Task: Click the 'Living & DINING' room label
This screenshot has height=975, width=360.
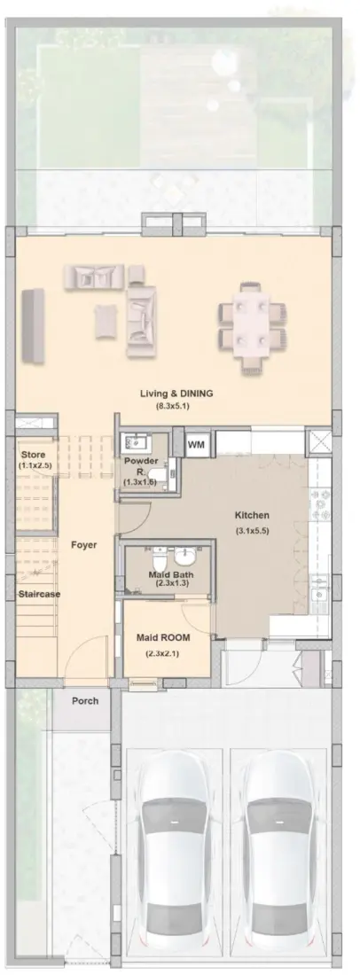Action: (177, 393)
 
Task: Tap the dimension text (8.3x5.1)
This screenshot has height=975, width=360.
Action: (177, 406)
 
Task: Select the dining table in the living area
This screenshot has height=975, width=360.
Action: (253, 325)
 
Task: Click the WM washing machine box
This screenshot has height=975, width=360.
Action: (197, 443)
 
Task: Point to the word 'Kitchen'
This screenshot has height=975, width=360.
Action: (251, 516)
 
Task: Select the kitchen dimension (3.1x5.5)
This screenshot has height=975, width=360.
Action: (251, 531)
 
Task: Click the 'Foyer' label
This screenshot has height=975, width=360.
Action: (84, 544)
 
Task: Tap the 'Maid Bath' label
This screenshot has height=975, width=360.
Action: (166, 575)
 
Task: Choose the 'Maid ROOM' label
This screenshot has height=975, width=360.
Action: (162, 637)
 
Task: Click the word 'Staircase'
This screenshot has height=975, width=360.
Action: (39, 594)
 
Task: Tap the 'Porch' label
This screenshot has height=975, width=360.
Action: (85, 700)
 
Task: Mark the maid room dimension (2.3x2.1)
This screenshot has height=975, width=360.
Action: (162, 654)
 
